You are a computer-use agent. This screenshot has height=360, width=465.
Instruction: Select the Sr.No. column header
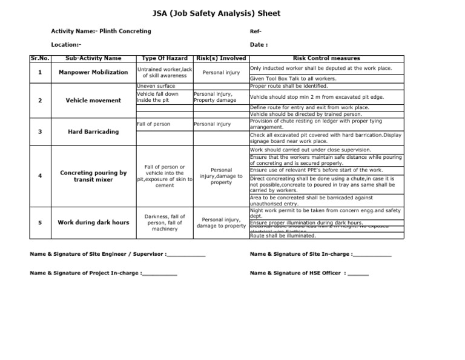point(40,58)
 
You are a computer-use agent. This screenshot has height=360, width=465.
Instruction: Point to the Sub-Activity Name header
point(93,58)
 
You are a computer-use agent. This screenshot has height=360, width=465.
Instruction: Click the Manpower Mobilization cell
point(93,72)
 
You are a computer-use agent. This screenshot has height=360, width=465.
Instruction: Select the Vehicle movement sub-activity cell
point(93,100)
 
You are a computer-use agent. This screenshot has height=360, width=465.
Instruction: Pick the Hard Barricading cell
point(93,132)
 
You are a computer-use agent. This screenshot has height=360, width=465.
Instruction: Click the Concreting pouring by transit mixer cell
point(93,176)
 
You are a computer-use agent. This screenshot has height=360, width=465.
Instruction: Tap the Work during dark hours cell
point(93,222)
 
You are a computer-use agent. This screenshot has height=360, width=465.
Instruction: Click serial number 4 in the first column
point(40,176)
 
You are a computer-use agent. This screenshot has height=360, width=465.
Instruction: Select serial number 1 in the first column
point(40,72)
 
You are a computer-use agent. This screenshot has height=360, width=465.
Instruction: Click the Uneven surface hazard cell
point(156,86)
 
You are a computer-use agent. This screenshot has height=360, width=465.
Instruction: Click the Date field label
point(259,44)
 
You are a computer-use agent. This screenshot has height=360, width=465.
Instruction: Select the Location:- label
point(66,44)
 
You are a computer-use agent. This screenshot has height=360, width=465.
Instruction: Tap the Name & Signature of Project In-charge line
point(103,273)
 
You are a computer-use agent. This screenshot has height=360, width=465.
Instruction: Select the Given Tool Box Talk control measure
point(293,78)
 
